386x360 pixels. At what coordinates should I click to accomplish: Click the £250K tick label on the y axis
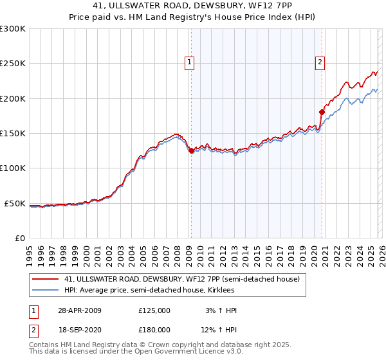[13, 64]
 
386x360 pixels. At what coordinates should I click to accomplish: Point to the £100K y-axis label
[13, 168]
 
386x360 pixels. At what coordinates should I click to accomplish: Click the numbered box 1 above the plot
[190, 62]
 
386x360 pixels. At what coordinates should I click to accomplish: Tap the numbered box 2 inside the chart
[320, 62]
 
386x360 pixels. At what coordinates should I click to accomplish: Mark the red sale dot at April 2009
[191, 151]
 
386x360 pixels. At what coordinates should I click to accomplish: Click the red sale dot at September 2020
[321, 113]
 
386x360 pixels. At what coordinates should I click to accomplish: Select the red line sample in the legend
[45, 280]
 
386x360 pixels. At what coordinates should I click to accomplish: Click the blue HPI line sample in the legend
[45, 291]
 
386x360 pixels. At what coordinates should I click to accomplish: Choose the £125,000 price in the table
[154, 310]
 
